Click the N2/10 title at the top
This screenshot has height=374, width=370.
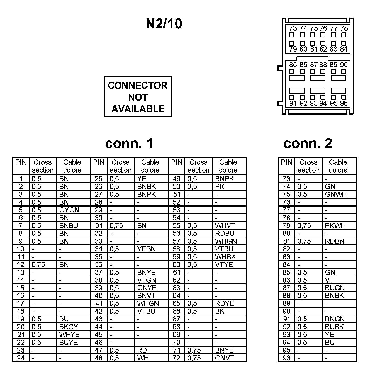(x=164, y=24)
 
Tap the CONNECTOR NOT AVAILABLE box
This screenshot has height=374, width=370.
(x=138, y=97)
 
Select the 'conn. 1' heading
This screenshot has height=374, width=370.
(x=129, y=144)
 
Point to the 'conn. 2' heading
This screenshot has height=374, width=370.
(x=308, y=144)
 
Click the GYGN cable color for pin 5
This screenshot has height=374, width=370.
(x=69, y=210)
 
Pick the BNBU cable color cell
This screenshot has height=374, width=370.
(x=69, y=225)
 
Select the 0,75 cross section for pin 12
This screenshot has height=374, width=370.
(x=38, y=264)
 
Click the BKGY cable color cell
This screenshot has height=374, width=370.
(x=69, y=327)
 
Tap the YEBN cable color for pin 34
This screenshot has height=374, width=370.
(x=146, y=249)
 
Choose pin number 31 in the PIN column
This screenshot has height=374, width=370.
(x=99, y=225)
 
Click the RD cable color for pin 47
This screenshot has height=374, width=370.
(x=142, y=350)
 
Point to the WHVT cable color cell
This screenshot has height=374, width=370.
(x=225, y=225)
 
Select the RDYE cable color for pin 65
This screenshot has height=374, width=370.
(x=225, y=303)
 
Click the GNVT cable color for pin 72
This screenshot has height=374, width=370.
(x=225, y=358)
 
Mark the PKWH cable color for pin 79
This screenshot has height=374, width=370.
(x=335, y=225)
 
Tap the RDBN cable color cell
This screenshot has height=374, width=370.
(x=335, y=241)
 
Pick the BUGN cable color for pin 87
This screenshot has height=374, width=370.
(x=335, y=288)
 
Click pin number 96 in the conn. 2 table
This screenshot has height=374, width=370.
(x=286, y=358)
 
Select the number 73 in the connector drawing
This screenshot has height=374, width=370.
(x=293, y=28)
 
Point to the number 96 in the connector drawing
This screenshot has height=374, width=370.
(x=344, y=103)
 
